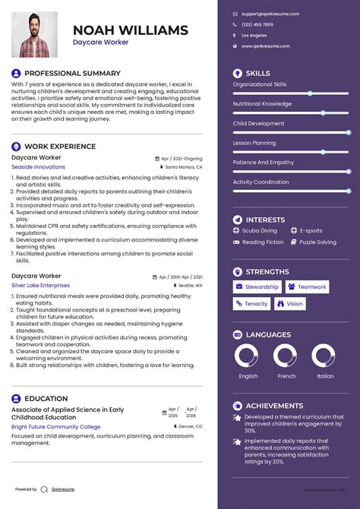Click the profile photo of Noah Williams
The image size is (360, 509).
(x=35, y=34)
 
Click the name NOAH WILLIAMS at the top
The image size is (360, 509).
(x=131, y=30)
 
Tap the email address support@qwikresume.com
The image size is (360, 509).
(x=270, y=14)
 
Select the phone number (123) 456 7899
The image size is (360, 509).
(x=257, y=24)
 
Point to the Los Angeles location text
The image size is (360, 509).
(x=254, y=36)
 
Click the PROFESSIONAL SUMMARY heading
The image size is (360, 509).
(x=72, y=74)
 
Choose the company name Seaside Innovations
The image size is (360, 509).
(x=38, y=167)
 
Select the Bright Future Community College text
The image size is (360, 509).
(x=55, y=427)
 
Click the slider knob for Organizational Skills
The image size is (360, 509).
(x=310, y=93)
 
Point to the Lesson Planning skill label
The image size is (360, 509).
(x=254, y=143)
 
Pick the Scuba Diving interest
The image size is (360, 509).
(x=260, y=230)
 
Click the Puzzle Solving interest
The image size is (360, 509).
(x=317, y=242)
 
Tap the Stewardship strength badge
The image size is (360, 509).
(x=257, y=287)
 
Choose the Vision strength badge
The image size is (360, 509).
(x=291, y=304)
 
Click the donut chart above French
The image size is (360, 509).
(x=286, y=356)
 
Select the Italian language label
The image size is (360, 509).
(x=325, y=376)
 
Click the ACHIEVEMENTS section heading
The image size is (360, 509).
(x=274, y=406)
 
